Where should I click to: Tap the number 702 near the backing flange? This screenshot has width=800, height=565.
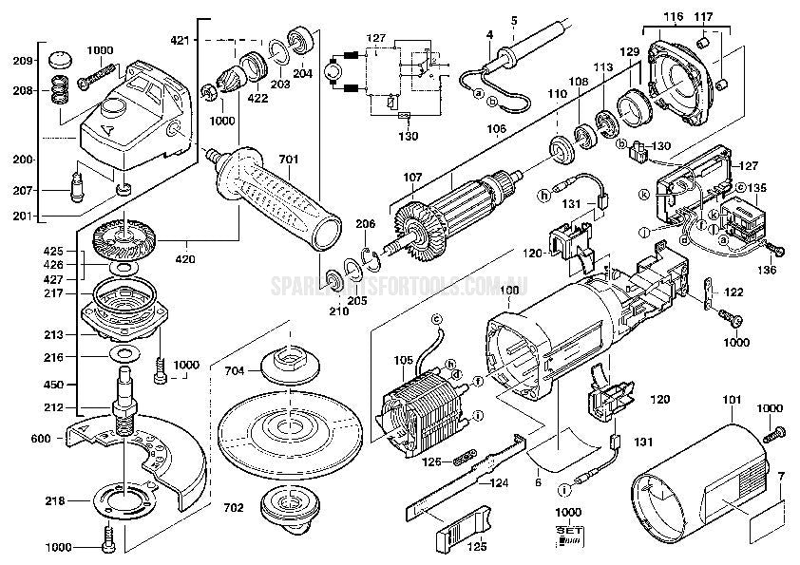click(234, 507)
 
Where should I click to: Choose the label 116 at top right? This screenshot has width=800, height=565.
click(672, 18)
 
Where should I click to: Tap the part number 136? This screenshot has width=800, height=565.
click(767, 270)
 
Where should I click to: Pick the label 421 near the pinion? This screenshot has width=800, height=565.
click(207, 40)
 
